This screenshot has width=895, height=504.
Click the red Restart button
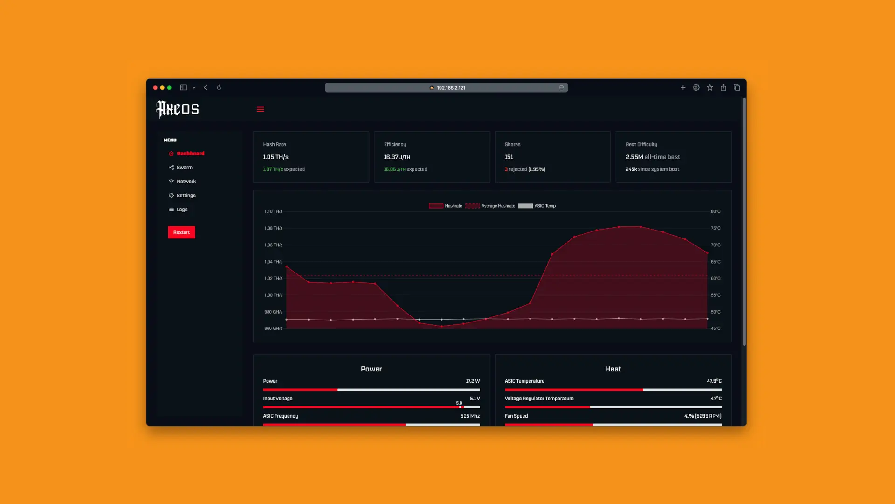(x=181, y=232)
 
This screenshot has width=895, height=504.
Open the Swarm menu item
(x=184, y=168)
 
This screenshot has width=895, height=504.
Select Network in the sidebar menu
(x=186, y=182)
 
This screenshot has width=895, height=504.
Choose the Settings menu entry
(x=186, y=196)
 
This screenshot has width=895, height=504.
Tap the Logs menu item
(x=182, y=210)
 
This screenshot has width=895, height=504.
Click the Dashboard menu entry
(x=190, y=154)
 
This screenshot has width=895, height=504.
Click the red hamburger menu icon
(x=261, y=109)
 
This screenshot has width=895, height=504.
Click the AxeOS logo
(x=178, y=109)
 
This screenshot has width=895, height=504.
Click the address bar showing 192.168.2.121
(x=446, y=88)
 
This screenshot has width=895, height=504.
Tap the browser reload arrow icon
(x=219, y=87)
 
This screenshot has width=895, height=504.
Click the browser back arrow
(x=206, y=87)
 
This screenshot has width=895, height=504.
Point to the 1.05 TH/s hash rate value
(x=275, y=157)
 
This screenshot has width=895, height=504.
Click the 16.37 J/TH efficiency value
(x=397, y=157)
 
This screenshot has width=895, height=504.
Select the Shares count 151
(x=509, y=157)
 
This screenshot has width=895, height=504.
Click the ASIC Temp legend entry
(x=537, y=206)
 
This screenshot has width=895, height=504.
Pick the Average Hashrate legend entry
(x=490, y=206)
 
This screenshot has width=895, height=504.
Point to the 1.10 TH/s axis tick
(x=273, y=211)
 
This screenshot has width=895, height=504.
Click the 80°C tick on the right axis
(x=716, y=211)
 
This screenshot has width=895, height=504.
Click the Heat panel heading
(x=613, y=369)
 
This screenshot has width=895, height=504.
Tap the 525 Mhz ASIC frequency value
(x=470, y=416)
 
